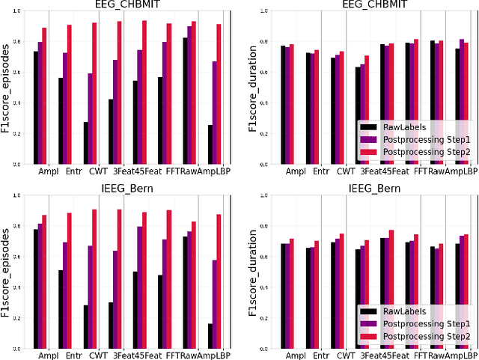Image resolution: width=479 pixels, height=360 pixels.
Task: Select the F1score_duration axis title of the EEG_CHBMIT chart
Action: [x=254, y=87]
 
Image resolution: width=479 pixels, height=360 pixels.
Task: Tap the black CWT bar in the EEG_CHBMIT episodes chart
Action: [x=86, y=143]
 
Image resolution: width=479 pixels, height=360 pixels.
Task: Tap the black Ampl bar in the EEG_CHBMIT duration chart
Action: [x=283, y=105]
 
